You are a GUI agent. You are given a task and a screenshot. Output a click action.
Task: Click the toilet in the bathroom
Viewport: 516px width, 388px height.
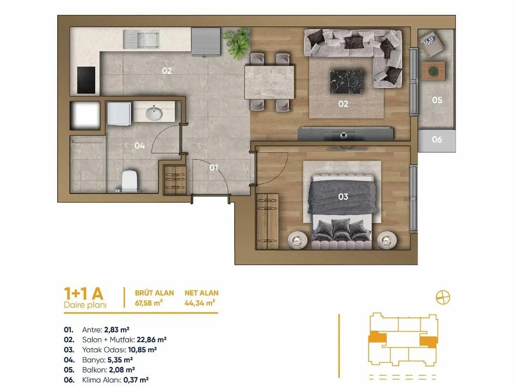129,180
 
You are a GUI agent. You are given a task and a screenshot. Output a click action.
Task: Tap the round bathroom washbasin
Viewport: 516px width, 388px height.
154,114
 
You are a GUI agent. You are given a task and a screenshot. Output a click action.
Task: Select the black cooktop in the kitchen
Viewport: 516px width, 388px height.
86,80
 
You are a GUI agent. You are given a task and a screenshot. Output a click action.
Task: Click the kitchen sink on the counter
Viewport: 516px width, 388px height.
141,40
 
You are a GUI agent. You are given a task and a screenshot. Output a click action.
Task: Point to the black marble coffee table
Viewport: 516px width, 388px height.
346,81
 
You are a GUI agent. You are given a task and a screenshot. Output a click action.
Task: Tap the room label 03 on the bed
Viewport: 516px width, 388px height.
343,196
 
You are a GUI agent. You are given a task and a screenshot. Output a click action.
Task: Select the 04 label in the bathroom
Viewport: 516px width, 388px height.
140,145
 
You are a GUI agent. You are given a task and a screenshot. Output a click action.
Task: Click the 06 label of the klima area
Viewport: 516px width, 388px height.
437,140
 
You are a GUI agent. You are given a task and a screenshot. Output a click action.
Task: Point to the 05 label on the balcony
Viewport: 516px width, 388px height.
437,100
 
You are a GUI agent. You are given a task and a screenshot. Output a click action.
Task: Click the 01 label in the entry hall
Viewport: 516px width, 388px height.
214,168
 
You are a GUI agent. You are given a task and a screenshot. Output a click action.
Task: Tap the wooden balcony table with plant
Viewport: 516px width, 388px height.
433,71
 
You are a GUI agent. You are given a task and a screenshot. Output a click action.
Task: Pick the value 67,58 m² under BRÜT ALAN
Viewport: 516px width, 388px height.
149,303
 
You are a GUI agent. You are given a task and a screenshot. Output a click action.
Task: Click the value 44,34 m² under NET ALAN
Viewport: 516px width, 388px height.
200,303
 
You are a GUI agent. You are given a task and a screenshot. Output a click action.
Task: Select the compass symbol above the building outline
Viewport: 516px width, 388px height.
443,298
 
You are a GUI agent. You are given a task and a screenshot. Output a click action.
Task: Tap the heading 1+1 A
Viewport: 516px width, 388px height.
84,293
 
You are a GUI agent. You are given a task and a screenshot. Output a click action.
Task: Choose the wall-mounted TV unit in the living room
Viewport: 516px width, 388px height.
345,134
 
